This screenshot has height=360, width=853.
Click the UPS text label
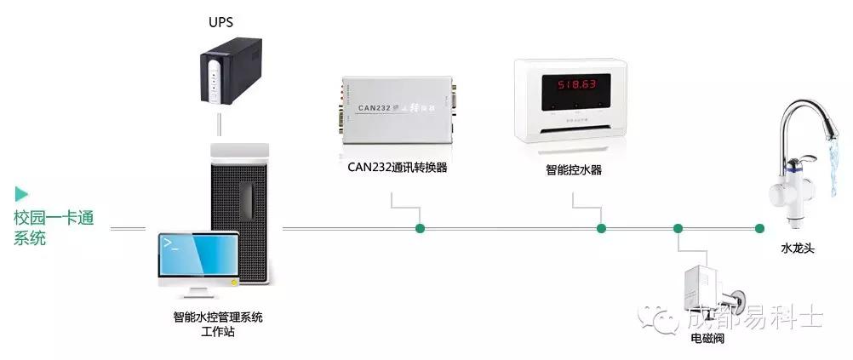221,20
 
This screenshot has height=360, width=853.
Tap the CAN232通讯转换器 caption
398,168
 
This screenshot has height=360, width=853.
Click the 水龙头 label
798,249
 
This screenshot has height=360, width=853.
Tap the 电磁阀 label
708,338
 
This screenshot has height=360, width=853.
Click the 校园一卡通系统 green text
54,227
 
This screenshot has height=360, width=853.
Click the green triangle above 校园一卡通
21,193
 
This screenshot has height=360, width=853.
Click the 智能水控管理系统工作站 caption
218,324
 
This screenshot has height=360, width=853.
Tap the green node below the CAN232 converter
420,228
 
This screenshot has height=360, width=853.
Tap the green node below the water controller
601,228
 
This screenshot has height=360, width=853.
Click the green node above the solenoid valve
678,228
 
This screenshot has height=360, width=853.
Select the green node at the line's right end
759,228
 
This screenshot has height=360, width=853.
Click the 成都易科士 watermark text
753,318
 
